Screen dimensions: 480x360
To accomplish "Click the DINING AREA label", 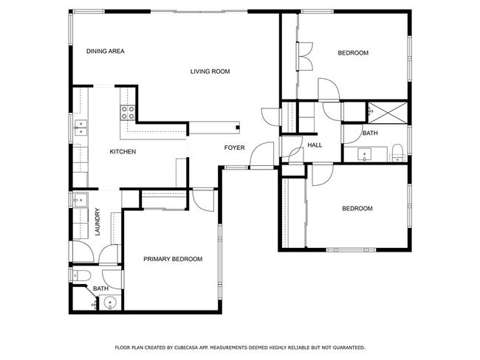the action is (x=106, y=51).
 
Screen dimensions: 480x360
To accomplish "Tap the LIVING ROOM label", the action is (x=210, y=72).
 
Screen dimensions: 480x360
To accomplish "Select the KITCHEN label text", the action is (x=123, y=152).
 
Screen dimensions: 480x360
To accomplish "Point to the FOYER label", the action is (x=235, y=148).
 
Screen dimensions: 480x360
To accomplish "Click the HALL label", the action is (x=315, y=145).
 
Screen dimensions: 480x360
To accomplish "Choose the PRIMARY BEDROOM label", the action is (x=173, y=259).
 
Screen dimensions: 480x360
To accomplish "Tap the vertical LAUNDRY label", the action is (x=97, y=222).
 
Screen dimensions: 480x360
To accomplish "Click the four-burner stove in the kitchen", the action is (x=128, y=112).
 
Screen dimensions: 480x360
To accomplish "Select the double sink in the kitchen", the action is (x=80, y=128).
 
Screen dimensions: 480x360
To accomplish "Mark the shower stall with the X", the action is (x=388, y=113).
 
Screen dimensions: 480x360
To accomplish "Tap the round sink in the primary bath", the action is (x=110, y=302).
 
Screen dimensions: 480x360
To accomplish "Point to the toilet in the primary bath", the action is (x=80, y=276).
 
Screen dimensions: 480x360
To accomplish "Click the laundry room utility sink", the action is (x=80, y=200).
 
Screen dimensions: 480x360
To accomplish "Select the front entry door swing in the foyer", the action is (x=261, y=154).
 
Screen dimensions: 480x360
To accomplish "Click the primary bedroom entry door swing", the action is (x=204, y=201).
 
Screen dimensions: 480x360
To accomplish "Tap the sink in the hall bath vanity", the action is (x=364, y=154).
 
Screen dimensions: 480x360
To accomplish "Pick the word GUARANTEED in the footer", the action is (x=349, y=347).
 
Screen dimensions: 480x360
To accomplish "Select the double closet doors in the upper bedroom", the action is (x=304, y=56).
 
